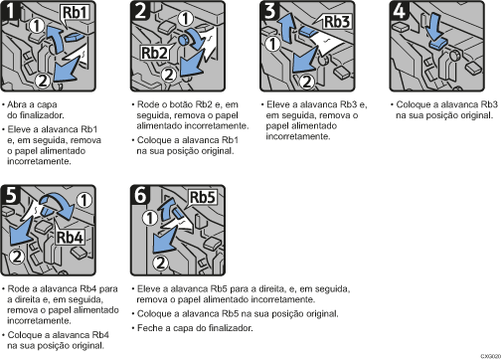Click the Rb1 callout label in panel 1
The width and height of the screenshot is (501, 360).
76,13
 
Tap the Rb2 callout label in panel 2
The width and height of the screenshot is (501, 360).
154,53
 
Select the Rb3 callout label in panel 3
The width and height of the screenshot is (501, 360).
337,22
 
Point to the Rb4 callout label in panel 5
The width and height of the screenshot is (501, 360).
70,237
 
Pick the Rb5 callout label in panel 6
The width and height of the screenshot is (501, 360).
203,198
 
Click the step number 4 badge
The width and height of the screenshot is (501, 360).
399,10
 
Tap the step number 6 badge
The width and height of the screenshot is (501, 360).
140,194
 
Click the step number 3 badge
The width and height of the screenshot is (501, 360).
269,10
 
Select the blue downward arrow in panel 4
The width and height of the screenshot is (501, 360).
434,29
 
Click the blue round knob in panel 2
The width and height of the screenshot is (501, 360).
183,40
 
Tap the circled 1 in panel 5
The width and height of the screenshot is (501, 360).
84,200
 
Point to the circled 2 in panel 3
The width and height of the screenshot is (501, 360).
307,82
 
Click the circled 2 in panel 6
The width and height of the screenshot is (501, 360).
160,263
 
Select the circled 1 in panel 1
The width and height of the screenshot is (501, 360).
37,25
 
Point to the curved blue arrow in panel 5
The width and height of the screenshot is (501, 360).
58,206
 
